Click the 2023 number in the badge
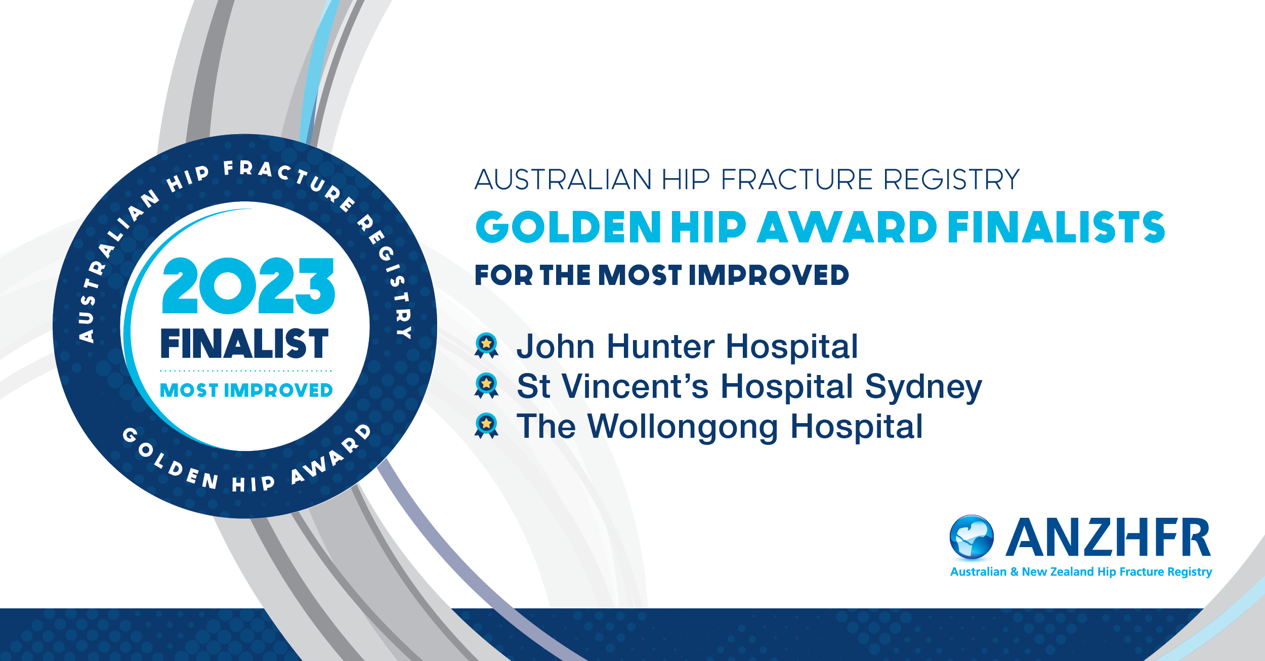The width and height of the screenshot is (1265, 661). [248, 285]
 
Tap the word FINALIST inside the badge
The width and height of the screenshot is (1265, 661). [244, 343]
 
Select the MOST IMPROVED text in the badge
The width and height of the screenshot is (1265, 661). [246, 390]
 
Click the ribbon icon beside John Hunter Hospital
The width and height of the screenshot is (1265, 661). [486, 346]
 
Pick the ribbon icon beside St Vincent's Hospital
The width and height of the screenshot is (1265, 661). [486, 386]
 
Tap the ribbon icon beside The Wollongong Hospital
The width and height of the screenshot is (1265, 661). [486, 426]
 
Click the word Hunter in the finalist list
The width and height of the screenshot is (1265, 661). [660, 346]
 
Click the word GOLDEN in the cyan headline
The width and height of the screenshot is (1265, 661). [568, 227]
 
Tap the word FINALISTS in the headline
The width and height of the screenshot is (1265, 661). [1057, 227]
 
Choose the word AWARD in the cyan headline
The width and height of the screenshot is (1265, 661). [847, 227]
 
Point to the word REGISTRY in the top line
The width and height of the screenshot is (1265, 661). [951, 179]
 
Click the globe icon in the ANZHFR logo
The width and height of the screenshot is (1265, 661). [972, 537]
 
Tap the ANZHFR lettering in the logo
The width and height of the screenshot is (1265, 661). [1108, 537]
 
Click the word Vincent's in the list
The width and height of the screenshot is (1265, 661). [636, 386]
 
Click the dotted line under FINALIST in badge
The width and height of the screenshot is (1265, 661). [246, 370]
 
